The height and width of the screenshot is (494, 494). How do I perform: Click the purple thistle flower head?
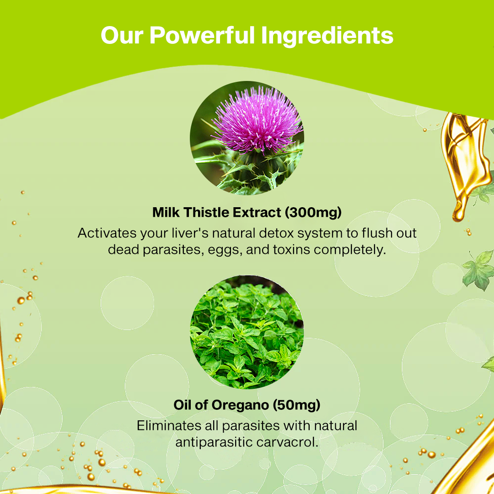point(256,119)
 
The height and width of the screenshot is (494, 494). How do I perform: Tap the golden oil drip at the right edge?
point(464,165)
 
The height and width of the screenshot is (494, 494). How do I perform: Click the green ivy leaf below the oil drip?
point(478,270)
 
